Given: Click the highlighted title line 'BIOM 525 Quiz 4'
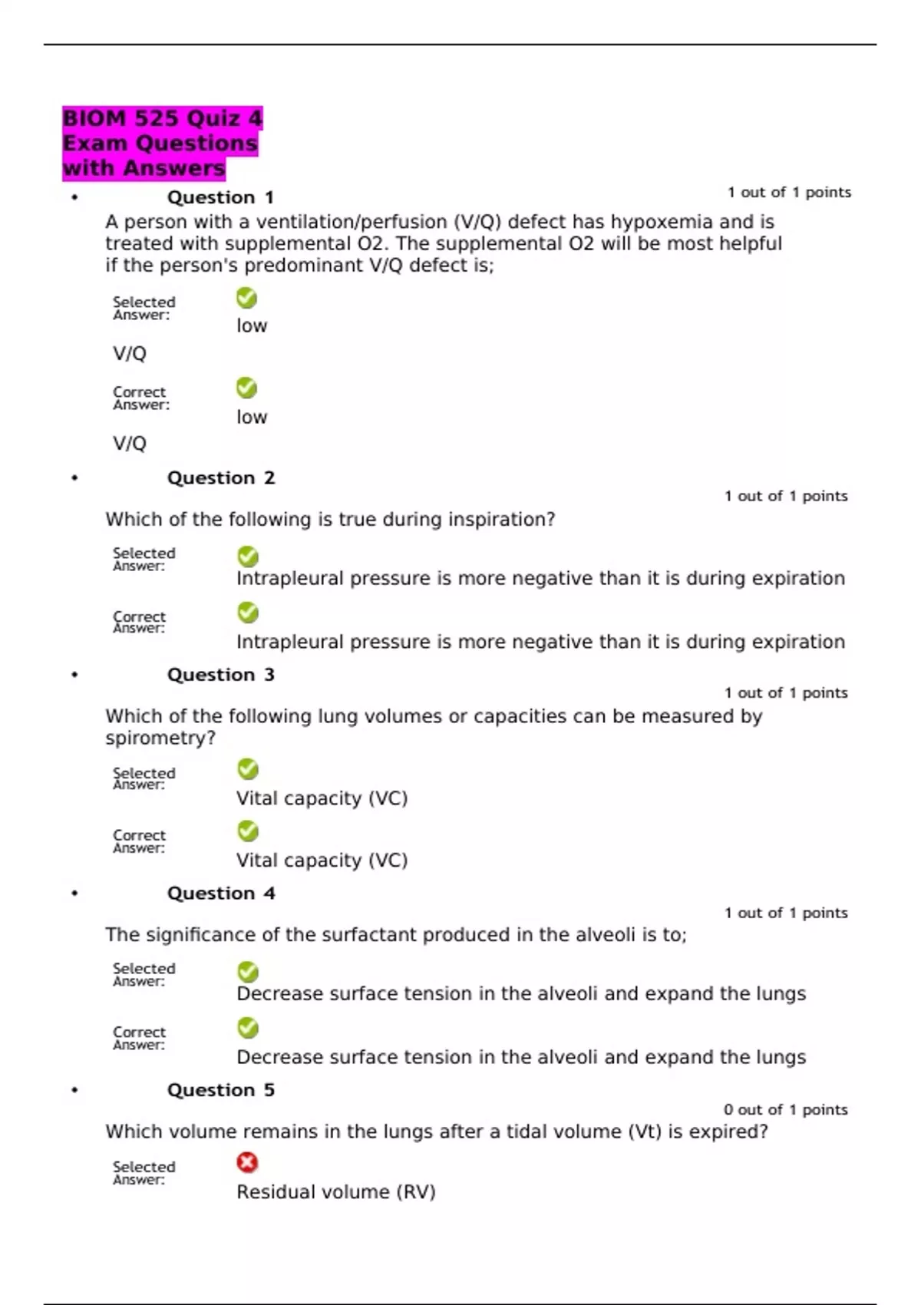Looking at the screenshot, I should pos(162,118).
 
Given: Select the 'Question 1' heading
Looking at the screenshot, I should pos(220,197).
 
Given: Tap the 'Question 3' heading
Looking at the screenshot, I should pos(220,675).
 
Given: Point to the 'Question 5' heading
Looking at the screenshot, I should pos(220,1090).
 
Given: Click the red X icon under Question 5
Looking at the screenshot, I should pos(247,1163).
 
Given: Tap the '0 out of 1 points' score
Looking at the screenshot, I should pos(785,1110).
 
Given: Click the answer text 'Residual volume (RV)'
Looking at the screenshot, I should pos(335,1192).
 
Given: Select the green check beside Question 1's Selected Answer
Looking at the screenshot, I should pos(246,298).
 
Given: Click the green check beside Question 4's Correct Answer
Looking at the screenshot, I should pos(248,1028).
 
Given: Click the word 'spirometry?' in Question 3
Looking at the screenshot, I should pos(160,738).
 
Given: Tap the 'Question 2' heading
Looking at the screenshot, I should pos(220,478).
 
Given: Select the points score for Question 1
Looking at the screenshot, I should pos(789,193).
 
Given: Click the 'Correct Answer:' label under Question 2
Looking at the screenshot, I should pos(139,623).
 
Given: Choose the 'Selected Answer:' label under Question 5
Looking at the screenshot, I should pos(144,1173).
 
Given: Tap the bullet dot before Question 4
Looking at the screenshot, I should pos(74,894).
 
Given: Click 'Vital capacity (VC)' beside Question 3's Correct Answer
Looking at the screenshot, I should pos(322,861).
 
